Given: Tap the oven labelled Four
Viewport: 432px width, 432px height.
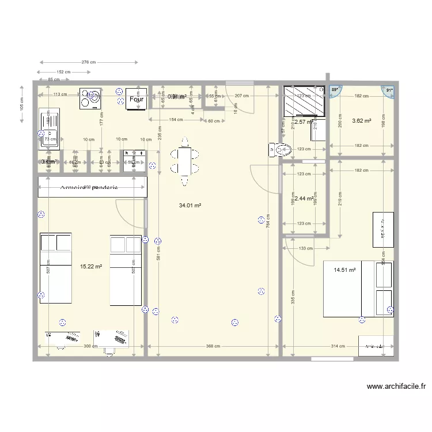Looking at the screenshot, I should coord(137,99).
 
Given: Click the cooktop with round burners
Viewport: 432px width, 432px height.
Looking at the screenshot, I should coord(90,98).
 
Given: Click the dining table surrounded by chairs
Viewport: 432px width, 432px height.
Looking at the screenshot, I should coord(184,162).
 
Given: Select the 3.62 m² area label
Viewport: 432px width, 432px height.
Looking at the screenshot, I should coord(361,121).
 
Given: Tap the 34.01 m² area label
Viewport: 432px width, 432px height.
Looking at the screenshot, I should coord(190,205).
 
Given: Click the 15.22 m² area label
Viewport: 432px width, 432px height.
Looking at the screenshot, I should coord(91,267).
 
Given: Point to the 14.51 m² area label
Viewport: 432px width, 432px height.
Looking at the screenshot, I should coord(344,269).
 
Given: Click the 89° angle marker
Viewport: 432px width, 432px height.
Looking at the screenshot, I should coord(335,90).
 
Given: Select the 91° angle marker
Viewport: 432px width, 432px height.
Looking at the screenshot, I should coord(389,90).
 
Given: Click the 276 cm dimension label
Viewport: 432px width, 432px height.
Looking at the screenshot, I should coord(88,62).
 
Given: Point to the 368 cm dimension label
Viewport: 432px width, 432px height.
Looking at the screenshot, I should coord(213,346).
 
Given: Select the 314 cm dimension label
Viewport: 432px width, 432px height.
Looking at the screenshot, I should coord(339,346).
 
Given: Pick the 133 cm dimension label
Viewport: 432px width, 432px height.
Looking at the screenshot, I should coord(305,248).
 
